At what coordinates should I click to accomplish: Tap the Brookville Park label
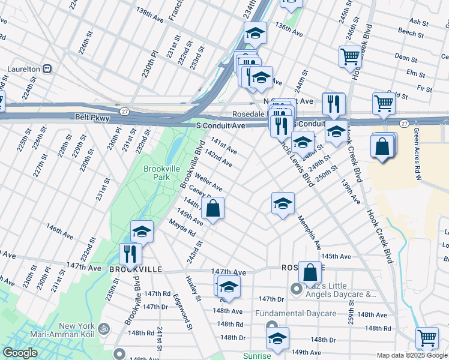pyautogui.click(x=162, y=173)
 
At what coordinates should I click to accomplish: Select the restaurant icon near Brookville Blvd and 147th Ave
pyautogui.click(x=130, y=254)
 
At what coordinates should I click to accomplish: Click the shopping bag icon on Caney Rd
pyautogui.click(x=212, y=209)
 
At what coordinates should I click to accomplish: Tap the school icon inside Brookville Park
pyautogui.click(x=142, y=231)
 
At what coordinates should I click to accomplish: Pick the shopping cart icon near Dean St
pyautogui.click(x=351, y=57)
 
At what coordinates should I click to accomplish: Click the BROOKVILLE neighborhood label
pyautogui.click(x=136, y=269)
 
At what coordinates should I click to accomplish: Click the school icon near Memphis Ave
pyautogui.click(x=283, y=203)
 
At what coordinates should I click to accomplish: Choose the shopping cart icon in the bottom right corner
pyautogui.click(x=427, y=338)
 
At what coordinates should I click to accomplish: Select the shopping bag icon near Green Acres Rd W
pyautogui.click(x=382, y=146)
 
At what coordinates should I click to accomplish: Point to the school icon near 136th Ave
pyautogui.click(x=256, y=33)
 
